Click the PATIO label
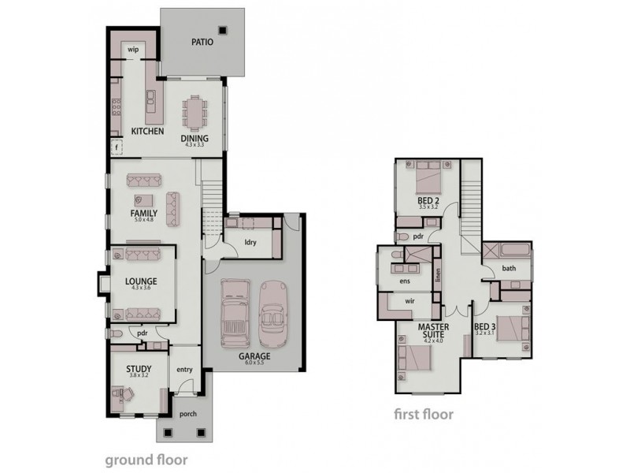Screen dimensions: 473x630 [202, 43]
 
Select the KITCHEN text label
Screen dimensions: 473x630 [147, 132]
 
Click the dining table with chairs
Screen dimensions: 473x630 [194, 112]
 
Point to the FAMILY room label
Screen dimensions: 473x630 [143, 213]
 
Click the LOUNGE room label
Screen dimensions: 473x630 [141, 281]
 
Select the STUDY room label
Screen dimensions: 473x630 [138, 368]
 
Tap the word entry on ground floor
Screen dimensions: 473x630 [184, 370]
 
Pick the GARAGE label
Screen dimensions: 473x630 [256, 356]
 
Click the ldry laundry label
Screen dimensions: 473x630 [252, 242]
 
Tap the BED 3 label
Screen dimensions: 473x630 [485, 326]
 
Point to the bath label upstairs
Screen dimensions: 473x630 [509, 269]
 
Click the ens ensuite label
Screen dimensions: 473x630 [406, 280]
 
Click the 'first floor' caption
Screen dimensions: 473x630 [423, 412]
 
